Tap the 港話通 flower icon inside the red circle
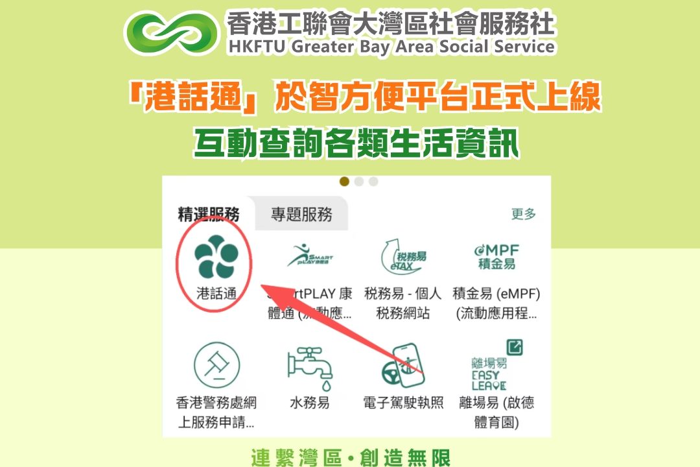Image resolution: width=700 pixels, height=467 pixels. click(215, 257)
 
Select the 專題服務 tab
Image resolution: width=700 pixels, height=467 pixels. click(302, 214)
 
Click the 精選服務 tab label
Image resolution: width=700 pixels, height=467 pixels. click(209, 214)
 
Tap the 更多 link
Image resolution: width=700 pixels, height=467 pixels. click(523, 213)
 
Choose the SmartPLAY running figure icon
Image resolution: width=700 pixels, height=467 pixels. click(310, 255)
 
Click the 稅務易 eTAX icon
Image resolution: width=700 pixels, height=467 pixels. click(402, 256)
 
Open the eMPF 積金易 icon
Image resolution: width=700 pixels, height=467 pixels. click(496, 256)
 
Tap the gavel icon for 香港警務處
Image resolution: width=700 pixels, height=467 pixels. click(217, 365)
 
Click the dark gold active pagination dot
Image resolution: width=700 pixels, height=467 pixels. click(344, 182)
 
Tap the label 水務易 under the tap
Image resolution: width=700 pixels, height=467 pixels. click(310, 403)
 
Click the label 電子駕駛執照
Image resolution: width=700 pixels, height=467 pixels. click(403, 403)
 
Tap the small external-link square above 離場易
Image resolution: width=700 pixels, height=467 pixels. click(515, 347)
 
